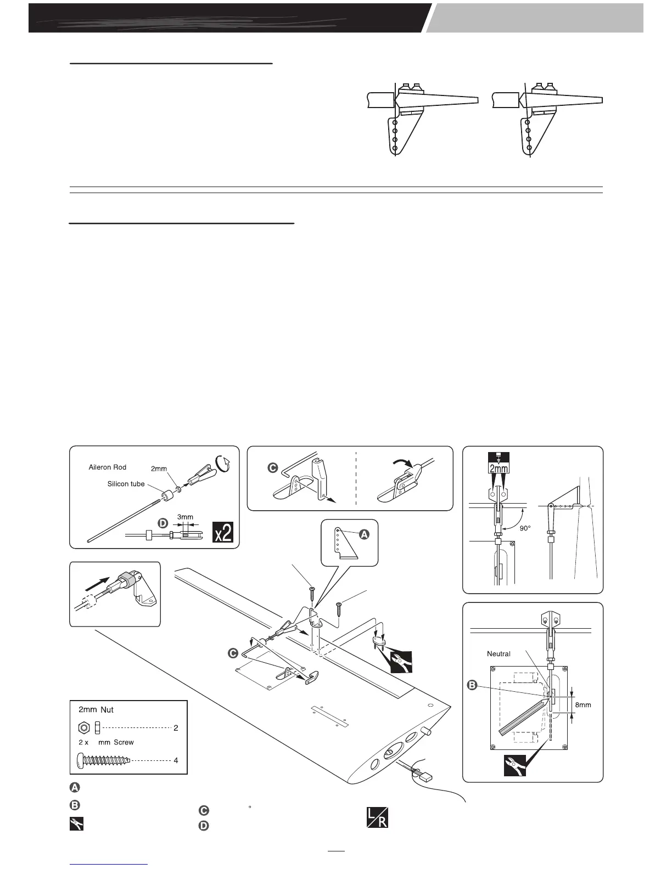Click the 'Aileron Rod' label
108,467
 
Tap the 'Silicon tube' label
126,484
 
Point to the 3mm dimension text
185,517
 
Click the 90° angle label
526,528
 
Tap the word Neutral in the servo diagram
499,653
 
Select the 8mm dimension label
583,704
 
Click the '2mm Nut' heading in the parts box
96,709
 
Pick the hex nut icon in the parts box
84,727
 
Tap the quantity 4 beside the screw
176,760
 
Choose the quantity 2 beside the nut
176,728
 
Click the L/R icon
377,819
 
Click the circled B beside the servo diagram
472,685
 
